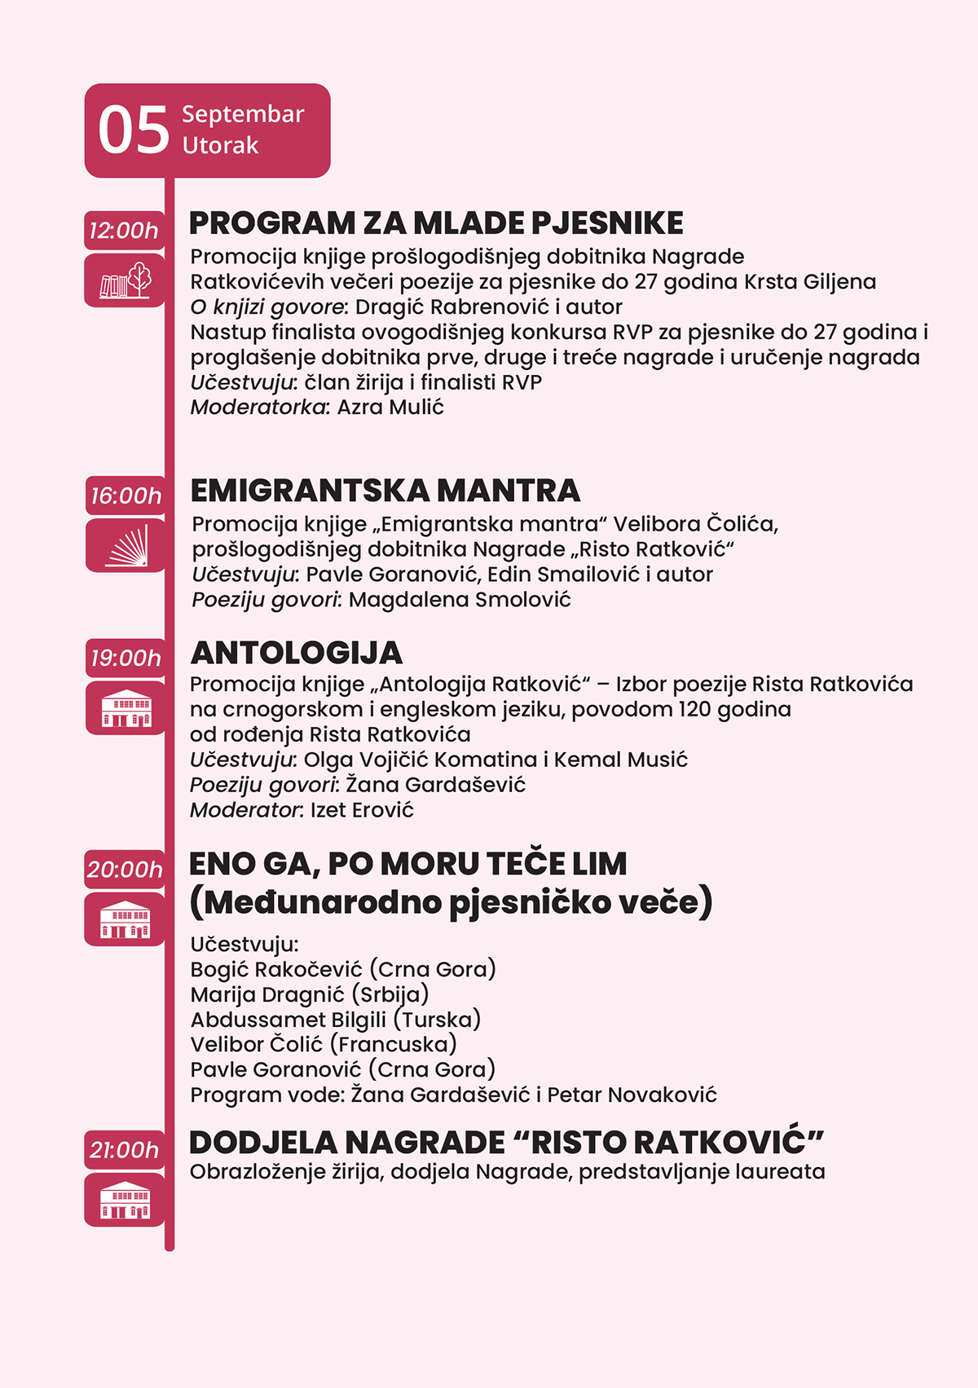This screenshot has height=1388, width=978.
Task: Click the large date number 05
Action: pos(134,130)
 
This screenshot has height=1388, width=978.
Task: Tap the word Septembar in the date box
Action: pos(243,114)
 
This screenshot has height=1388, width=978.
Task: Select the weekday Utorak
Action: pos(220,146)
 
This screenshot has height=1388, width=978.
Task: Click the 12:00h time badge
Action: pos(124,231)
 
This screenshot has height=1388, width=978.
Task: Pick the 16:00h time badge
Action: pos(126,496)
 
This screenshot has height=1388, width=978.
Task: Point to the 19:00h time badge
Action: pos(126,658)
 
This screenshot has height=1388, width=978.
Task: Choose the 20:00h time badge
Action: pos(125,870)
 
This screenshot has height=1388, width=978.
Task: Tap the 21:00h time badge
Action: pos(124,1150)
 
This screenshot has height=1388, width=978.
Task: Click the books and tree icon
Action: pos(125,280)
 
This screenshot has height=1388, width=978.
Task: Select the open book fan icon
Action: pos(126,545)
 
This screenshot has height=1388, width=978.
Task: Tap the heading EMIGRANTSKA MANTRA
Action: pos(385,491)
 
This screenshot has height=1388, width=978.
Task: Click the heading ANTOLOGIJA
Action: pos(297,653)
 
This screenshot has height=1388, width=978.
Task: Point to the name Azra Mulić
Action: pos(390,408)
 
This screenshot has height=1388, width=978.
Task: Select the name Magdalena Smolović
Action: pos(460,600)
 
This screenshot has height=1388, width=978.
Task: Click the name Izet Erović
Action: pos(362,810)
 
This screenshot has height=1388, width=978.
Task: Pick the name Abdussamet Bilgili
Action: pos(289,1020)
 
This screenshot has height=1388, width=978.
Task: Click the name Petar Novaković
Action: pos(632,1095)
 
